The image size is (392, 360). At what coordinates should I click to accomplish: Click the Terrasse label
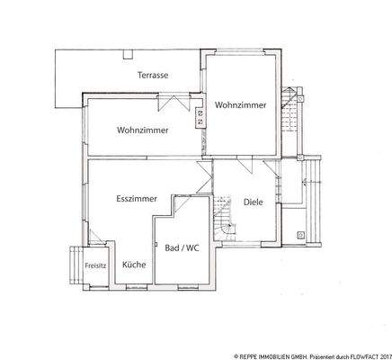click(x=152, y=76)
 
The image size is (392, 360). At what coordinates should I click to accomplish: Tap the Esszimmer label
click(x=138, y=198)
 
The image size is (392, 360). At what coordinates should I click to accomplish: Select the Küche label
click(x=134, y=265)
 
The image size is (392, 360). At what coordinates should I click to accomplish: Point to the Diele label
click(x=253, y=202)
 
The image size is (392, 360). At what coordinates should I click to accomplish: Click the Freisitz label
click(x=94, y=265)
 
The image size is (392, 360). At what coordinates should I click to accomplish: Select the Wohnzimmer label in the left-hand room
click(x=142, y=130)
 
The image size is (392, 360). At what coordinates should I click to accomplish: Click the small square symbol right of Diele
click(x=300, y=235)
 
